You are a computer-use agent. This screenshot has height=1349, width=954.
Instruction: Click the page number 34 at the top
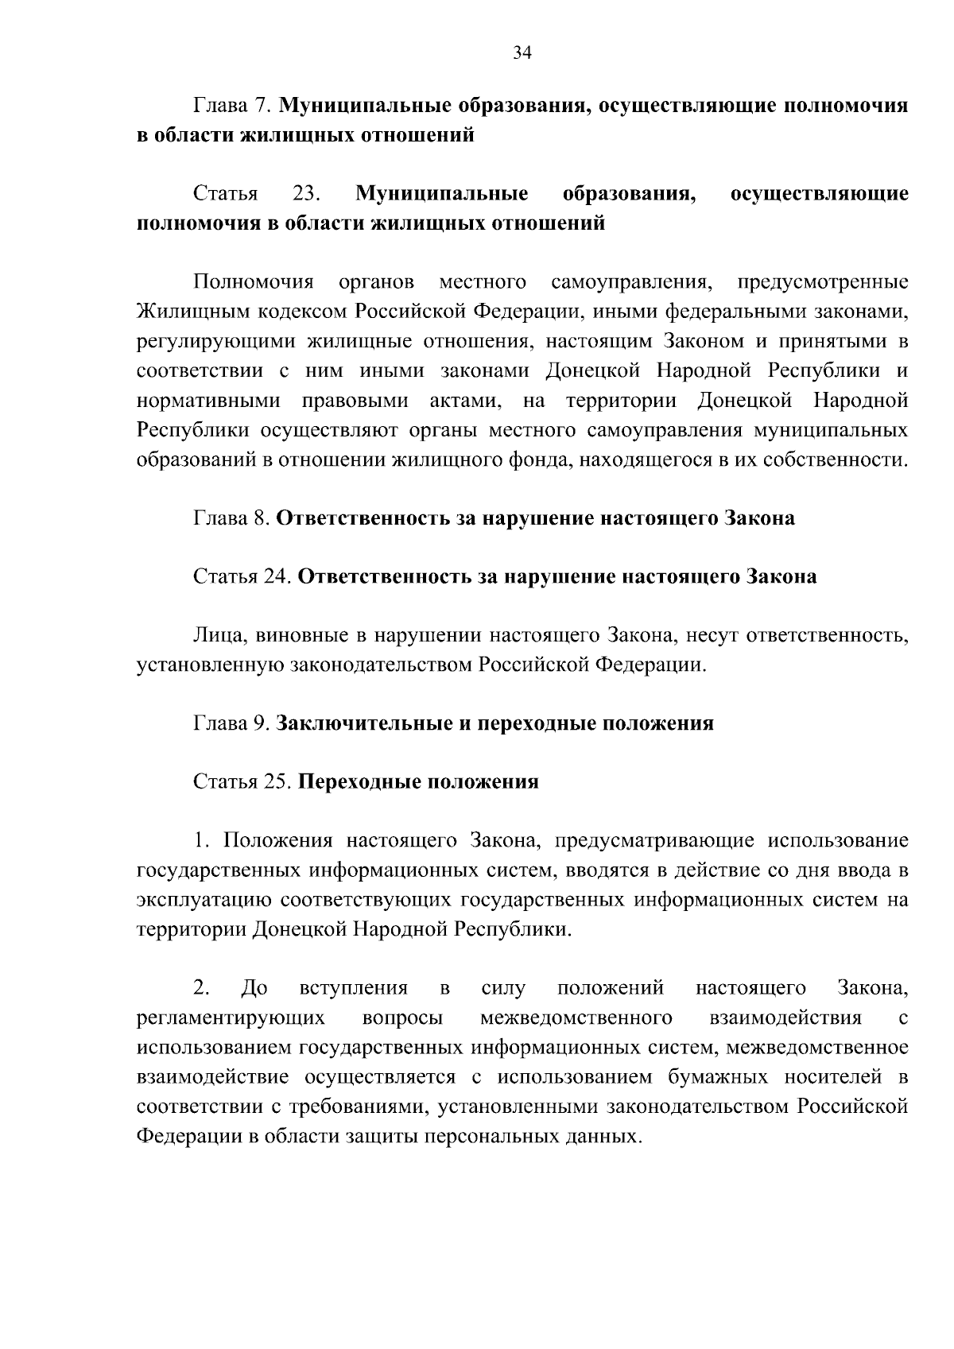tap(522, 53)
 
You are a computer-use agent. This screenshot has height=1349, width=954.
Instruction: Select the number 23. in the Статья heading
tap(306, 194)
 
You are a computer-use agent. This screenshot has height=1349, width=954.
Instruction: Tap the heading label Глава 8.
tap(234, 519)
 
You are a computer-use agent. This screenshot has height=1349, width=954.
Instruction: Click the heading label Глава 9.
tap(234, 723)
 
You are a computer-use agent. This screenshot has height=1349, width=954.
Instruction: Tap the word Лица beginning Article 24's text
tap(213, 635)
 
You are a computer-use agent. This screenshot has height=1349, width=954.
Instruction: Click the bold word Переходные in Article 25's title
tap(359, 781)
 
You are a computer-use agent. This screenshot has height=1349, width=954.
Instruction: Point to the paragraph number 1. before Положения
tap(201, 841)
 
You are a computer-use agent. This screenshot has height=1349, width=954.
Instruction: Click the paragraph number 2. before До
tap(201, 988)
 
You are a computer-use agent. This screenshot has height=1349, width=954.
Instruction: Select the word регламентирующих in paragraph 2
tap(231, 1018)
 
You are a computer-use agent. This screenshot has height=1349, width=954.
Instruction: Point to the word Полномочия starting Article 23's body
tap(254, 282)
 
